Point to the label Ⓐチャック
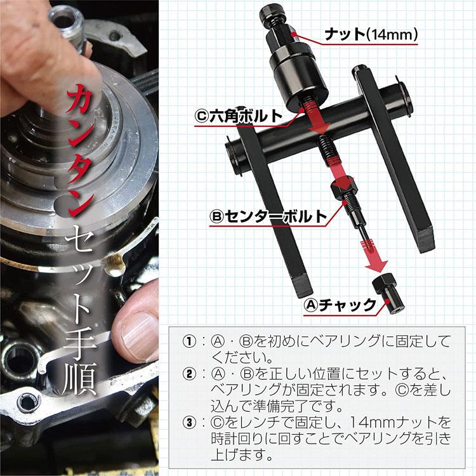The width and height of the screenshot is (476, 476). pyautogui.click(x=340, y=305)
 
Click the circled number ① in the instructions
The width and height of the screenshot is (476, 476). pyautogui.click(x=189, y=340)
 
